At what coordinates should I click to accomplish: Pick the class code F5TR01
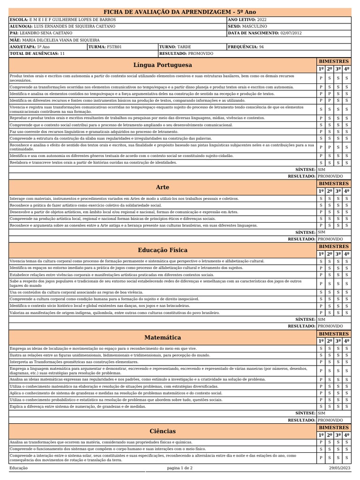click(114, 47)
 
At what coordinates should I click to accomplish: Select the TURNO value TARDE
click(184, 47)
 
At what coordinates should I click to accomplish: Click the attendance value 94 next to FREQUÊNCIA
click(262, 47)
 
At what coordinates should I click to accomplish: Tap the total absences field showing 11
click(62, 54)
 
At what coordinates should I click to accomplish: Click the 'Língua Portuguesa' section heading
click(162, 65)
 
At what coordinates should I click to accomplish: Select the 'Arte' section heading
click(162, 187)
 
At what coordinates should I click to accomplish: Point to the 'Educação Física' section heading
click(162, 250)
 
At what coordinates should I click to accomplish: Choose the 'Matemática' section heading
click(162, 337)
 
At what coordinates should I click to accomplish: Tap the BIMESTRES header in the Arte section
click(334, 184)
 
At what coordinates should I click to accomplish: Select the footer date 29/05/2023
click(339, 468)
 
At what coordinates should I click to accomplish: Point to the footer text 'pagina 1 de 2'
click(180, 468)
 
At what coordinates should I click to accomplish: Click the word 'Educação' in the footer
click(19, 468)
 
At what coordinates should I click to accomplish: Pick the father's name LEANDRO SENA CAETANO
click(47, 33)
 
